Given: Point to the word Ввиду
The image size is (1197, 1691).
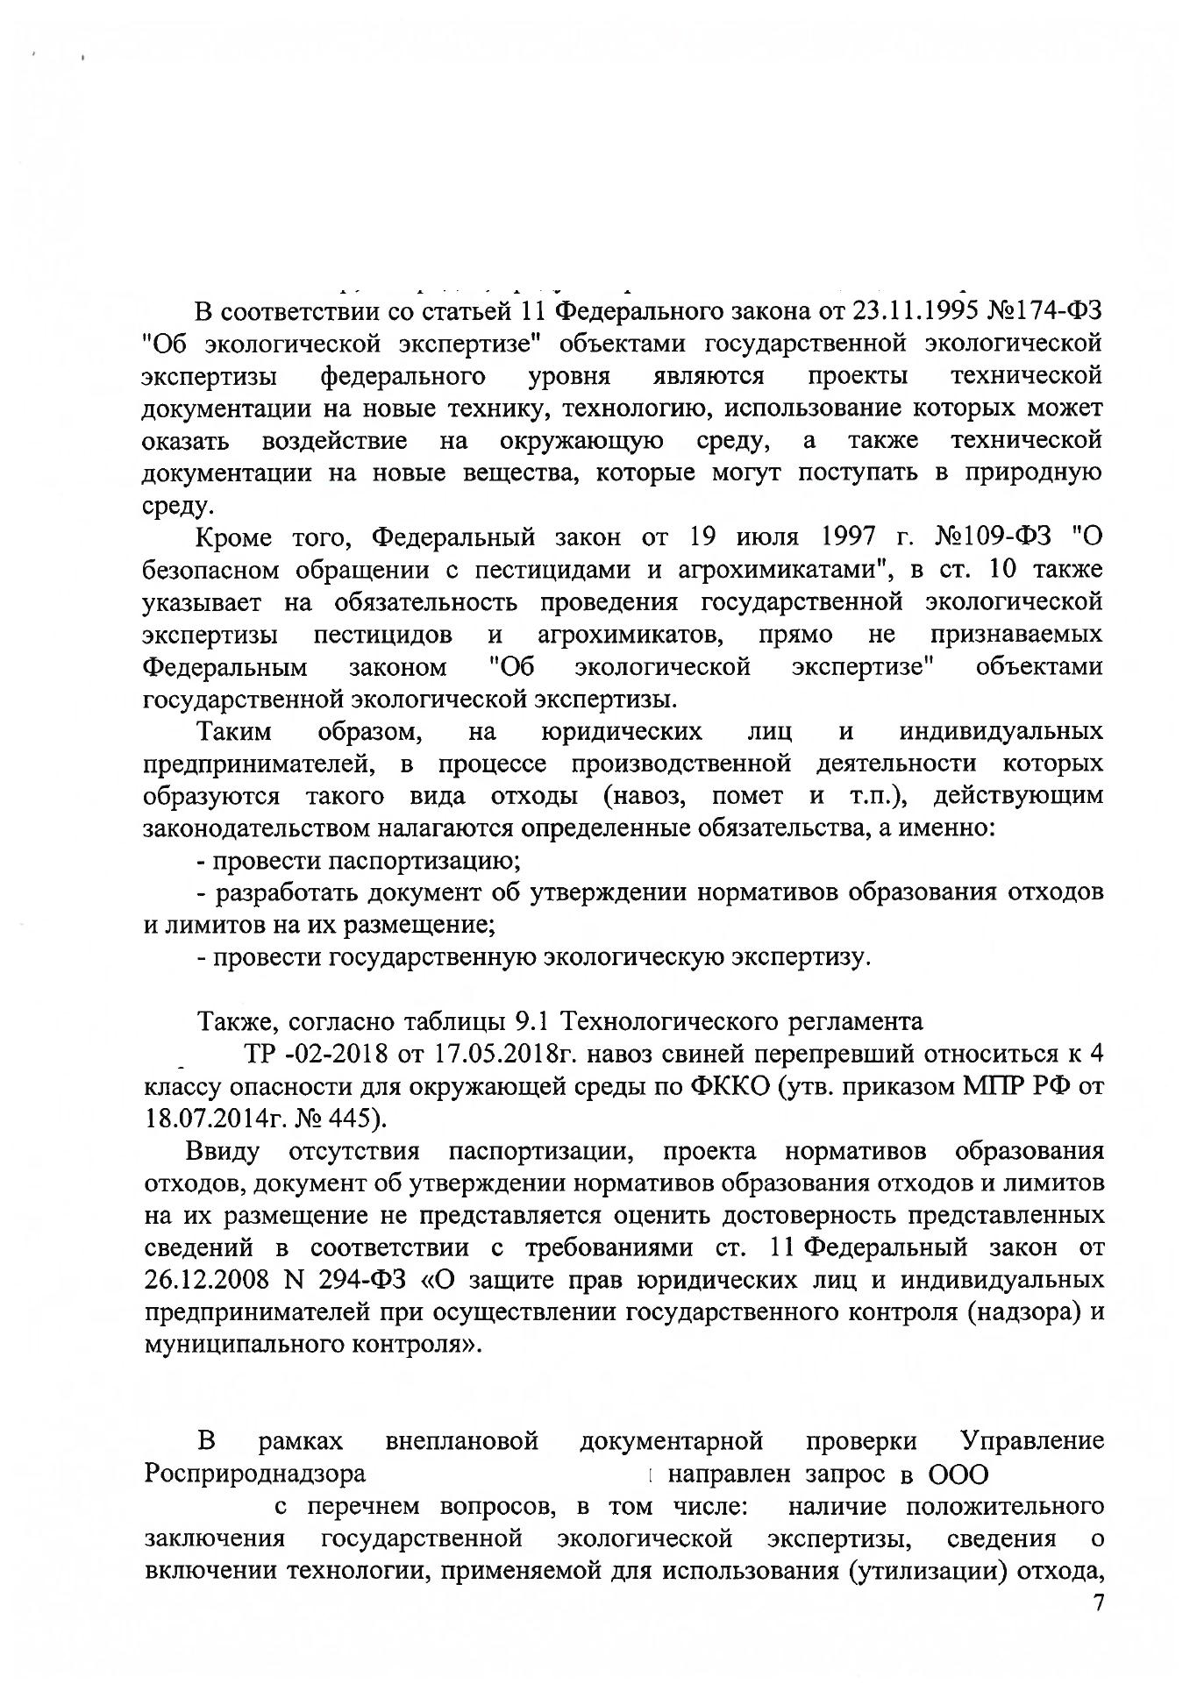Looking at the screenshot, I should click(x=224, y=1150).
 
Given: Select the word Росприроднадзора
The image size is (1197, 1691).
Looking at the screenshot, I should click(x=254, y=1474).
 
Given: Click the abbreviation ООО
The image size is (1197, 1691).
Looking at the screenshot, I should click(x=958, y=1474).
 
